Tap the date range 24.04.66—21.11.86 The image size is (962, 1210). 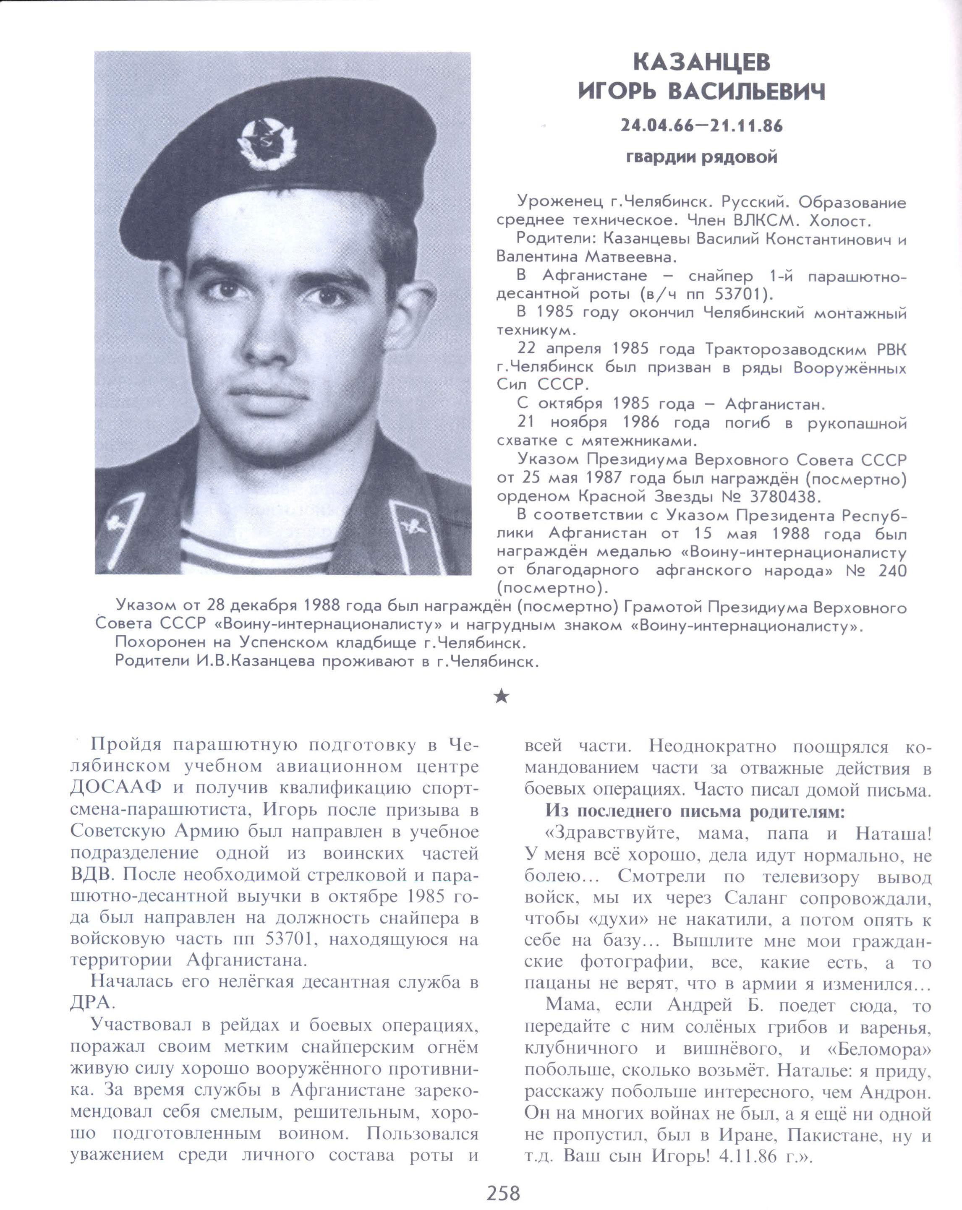(x=701, y=126)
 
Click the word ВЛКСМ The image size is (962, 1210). (x=761, y=221)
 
